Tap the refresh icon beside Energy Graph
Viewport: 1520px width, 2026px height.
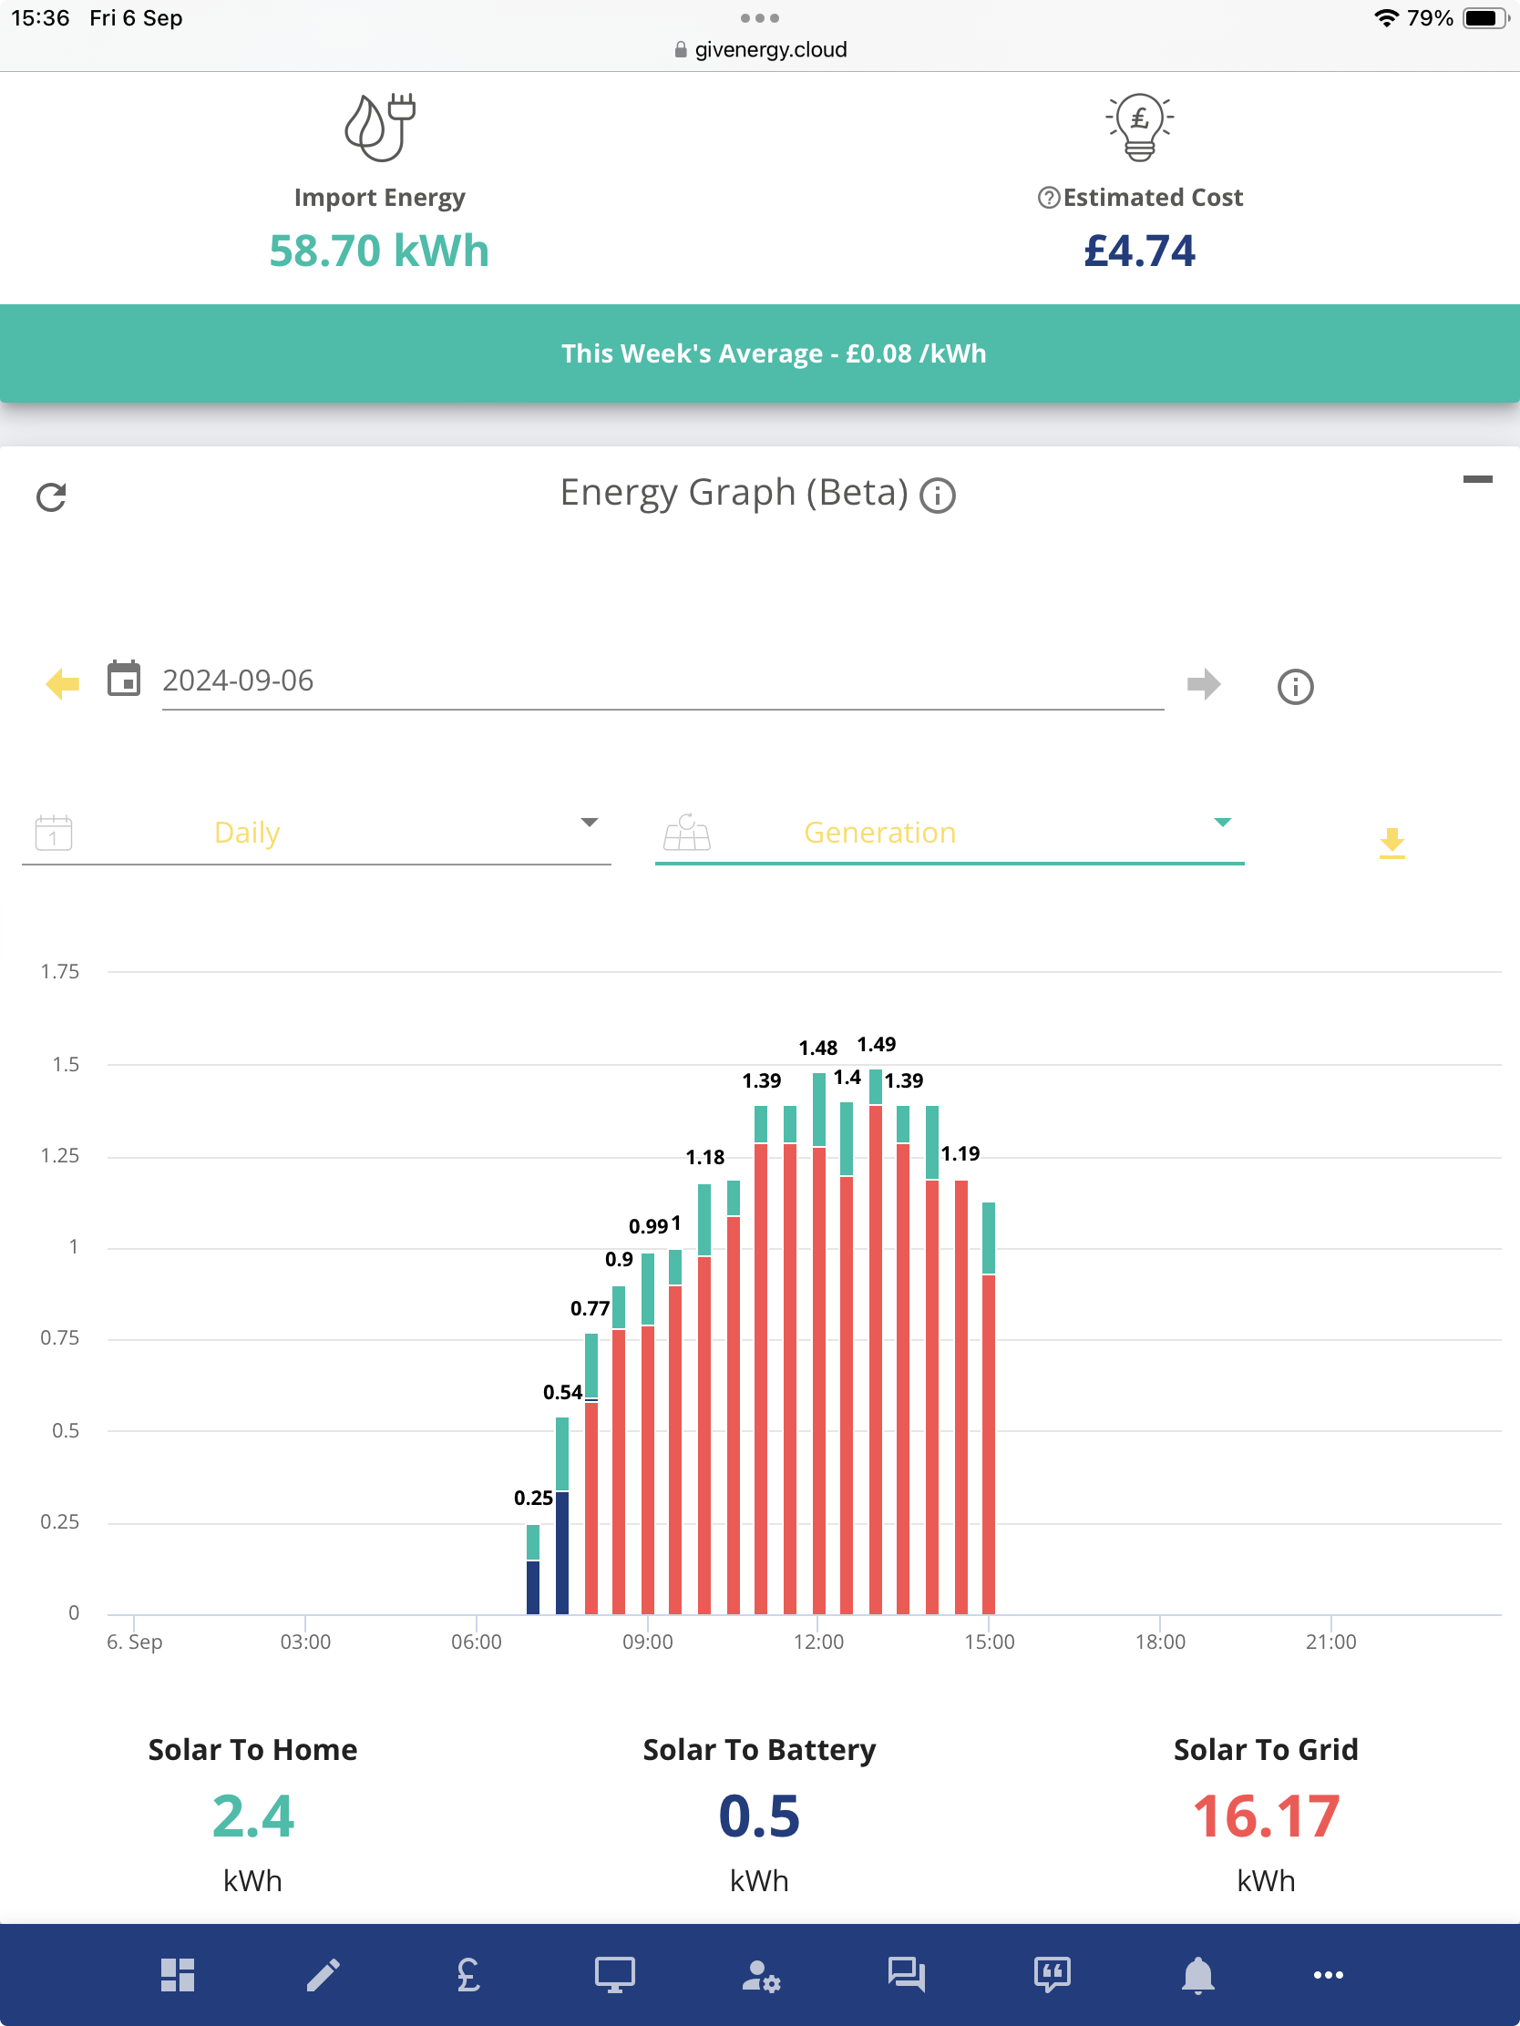click(51, 497)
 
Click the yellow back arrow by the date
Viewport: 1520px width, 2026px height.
click(62, 683)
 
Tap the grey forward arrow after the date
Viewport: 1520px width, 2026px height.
click(1204, 683)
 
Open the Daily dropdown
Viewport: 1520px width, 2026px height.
click(316, 833)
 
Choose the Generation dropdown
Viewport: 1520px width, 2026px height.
click(950, 833)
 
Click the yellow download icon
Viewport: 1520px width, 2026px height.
click(1392, 843)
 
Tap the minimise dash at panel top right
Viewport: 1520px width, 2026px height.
click(1477, 479)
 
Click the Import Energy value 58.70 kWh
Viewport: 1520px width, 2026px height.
click(379, 251)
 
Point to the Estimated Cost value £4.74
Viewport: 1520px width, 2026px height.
click(1140, 251)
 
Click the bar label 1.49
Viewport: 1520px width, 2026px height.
click(876, 1045)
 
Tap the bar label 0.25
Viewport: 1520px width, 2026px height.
click(533, 1499)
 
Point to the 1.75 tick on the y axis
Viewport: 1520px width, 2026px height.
click(59, 972)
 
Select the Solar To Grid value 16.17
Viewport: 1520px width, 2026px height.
click(1266, 1817)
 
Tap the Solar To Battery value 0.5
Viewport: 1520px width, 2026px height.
click(759, 1817)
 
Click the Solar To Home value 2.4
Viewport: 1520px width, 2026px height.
click(252, 1817)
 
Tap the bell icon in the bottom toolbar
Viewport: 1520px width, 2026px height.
click(1197, 1976)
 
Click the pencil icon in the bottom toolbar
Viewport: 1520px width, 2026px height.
click(324, 1976)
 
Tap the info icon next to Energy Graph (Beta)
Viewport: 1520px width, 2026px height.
click(938, 496)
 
